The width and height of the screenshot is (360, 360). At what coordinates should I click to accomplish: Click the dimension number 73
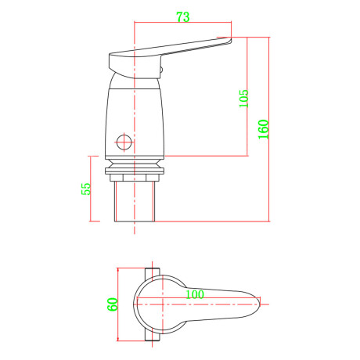[183, 17]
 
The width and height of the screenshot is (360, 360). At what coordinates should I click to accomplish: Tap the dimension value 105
[244, 99]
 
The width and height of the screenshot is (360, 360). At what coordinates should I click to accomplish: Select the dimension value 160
[264, 129]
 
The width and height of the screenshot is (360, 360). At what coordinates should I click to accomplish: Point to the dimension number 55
[86, 189]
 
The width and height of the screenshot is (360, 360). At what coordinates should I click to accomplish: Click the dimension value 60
[113, 304]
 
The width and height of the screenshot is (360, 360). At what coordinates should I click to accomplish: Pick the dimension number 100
[195, 294]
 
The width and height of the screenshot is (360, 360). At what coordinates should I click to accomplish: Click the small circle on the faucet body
[124, 142]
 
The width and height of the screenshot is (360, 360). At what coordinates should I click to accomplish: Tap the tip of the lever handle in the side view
[231, 39]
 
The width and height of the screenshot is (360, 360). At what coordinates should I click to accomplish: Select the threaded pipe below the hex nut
[135, 201]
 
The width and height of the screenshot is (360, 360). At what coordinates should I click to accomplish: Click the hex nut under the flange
[135, 178]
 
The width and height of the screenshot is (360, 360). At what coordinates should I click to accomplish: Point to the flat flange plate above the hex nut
[135, 171]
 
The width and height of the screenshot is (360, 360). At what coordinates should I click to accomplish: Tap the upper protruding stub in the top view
[153, 274]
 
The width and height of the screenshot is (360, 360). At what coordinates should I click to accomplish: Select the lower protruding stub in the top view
[153, 335]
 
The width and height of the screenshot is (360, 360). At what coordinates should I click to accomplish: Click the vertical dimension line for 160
[269, 129]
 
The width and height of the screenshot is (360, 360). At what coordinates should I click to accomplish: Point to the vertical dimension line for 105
[247, 96]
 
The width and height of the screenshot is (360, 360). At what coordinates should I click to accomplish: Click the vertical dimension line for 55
[90, 189]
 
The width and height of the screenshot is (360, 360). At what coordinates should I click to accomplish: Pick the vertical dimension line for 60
[118, 304]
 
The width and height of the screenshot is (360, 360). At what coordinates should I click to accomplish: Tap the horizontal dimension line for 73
[183, 23]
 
